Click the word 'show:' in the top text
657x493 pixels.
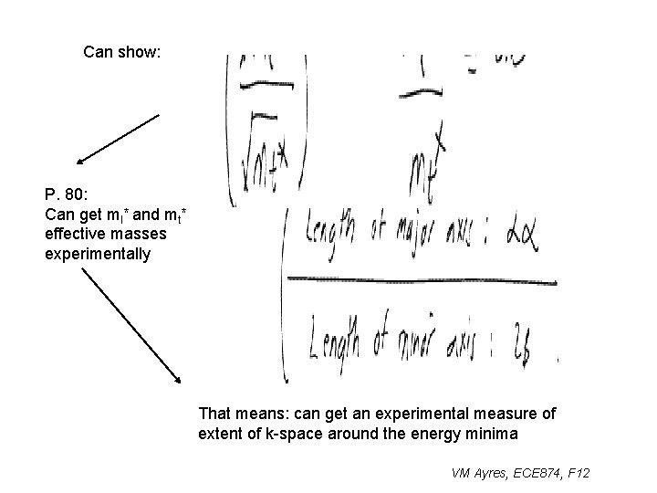coord(141,52)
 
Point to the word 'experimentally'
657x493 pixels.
coord(98,254)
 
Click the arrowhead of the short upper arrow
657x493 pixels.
coord(80,162)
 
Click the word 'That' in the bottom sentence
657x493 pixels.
coord(215,414)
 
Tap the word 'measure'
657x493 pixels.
coord(511,414)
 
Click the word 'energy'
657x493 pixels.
coord(433,434)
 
